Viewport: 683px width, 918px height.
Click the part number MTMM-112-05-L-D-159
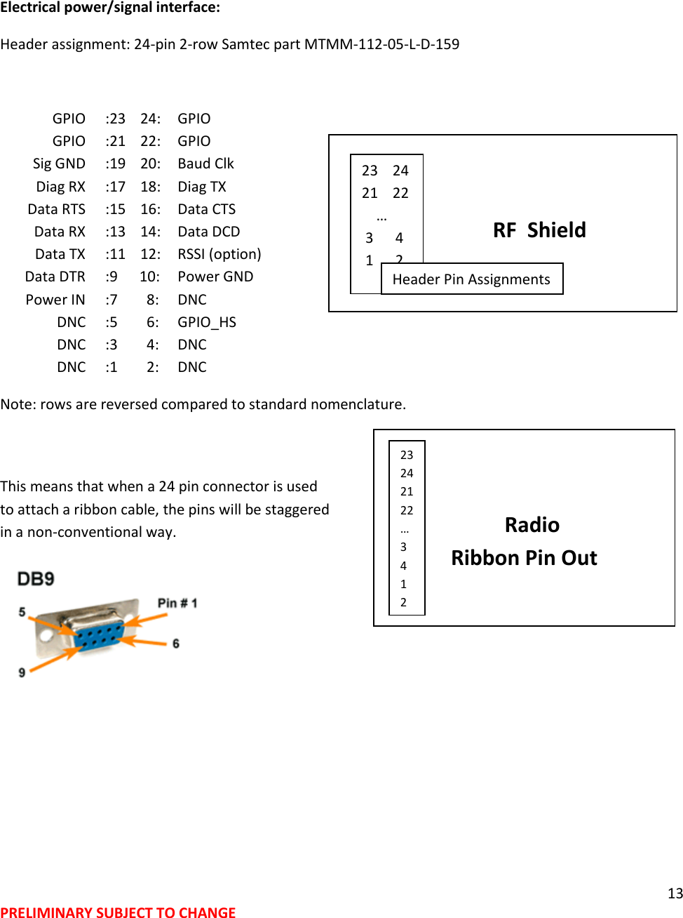coord(381,44)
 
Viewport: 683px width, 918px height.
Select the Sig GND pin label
coord(59,164)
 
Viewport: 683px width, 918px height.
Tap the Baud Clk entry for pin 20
coord(205,164)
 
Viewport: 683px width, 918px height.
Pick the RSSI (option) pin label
coord(219,254)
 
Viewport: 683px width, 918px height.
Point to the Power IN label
coord(55,300)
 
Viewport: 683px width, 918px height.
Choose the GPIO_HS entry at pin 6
coord(207,322)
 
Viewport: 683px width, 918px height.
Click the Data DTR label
coord(55,277)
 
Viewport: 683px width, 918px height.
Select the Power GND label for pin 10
coord(215,277)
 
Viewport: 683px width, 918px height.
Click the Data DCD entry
coord(209,232)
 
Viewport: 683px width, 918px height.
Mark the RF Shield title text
coord(539,230)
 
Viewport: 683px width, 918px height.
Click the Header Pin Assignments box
coord(471,279)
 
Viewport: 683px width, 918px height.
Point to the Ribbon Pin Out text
coord(524,558)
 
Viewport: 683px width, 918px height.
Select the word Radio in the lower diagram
coord(532,525)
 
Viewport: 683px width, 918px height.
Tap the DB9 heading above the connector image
coord(36,579)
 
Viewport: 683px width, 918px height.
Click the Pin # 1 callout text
coord(177,603)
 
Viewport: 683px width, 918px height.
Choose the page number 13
coord(675,893)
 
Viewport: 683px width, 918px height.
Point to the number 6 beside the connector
coord(176,644)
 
